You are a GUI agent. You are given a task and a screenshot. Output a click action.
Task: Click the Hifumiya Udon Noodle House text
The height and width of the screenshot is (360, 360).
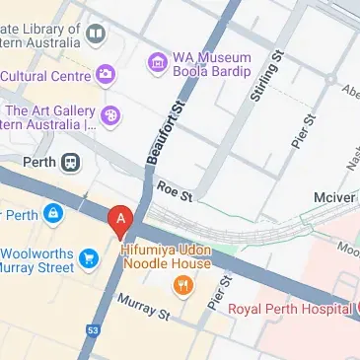pos(166,256)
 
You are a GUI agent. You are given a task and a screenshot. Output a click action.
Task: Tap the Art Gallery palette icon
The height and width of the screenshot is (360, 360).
pos(111,117)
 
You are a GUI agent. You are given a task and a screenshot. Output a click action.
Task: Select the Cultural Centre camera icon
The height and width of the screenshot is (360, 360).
pos(106,75)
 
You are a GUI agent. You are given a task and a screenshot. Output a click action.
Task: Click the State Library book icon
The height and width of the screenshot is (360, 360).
pos(96,36)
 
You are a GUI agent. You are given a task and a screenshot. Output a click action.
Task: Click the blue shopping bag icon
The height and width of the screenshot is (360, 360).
pos(52,214)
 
